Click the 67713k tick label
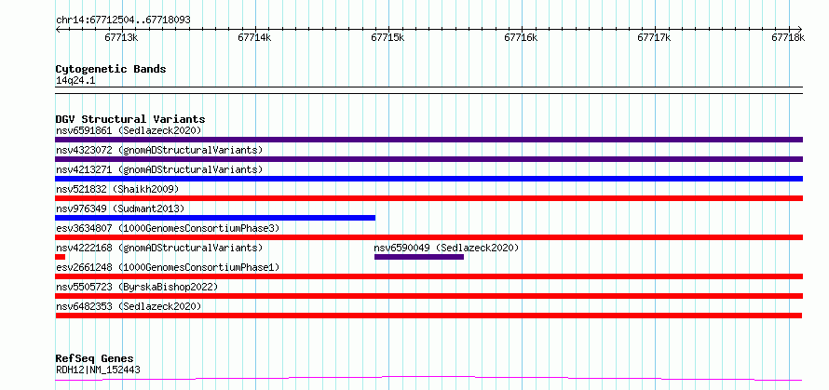pyautogui.click(x=122, y=37)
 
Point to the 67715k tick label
pyautogui.click(x=388, y=37)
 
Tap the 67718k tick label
pyautogui.click(x=788, y=37)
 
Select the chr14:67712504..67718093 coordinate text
pyautogui.click(x=123, y=20)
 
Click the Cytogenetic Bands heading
pyautogui.click(x=111, y=69)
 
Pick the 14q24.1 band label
pyautogui.click(x=75, y=81)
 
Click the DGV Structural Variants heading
pyautogui.click(x=130, y=119)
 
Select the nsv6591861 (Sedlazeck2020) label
pyautogui.click(x=129, y=130)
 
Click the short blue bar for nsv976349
pyautogui.click(x=215, y=218)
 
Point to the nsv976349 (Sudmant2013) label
pyautogui.click(x=120, y=208)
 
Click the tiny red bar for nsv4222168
pyautogui.click(x=60, y=257)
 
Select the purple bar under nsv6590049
pyautogui.click(x=419, y=257)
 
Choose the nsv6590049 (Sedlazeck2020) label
pyautogui.click(x=446, y=248)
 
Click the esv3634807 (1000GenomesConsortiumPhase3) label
pyautogui.click(x=168, y=228)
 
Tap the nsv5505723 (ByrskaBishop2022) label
pyautogui.click(x=137, y=287)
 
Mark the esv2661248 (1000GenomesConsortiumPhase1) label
pyautogui.click(x=168, y=267)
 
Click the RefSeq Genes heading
pyautogui.click(x=95, y=359)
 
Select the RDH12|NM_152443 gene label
pyautogui.click(x=98, y=370)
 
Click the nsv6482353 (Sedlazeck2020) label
pyautogui.click(x=129, y=306)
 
